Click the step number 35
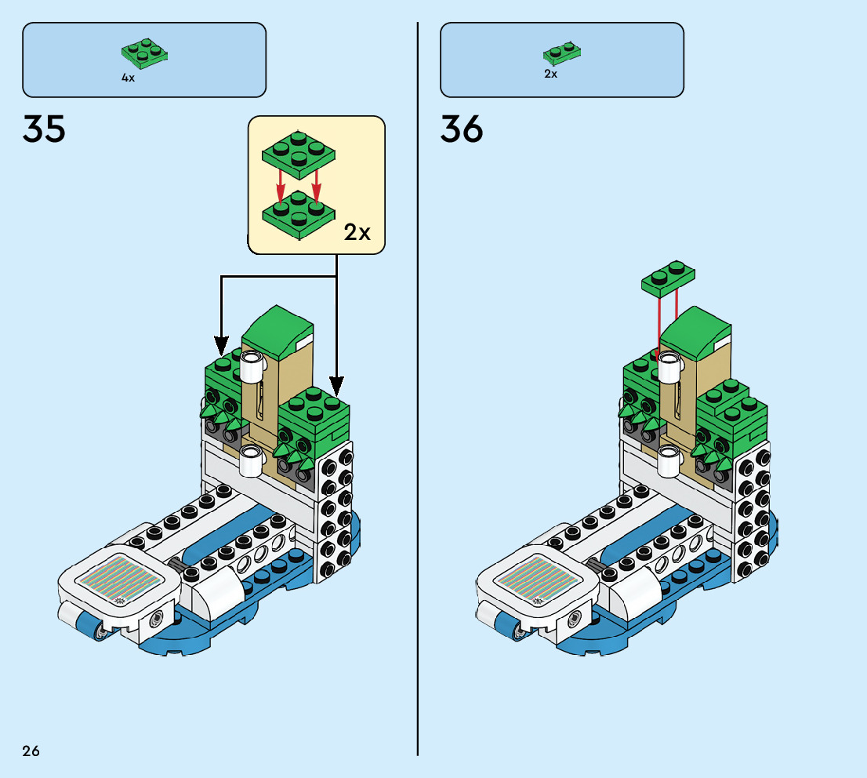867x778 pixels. [x=44, y=129]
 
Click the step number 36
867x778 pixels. [x=462, y=129]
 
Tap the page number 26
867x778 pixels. [x=31, y=751]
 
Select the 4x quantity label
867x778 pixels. [x=128, y=78]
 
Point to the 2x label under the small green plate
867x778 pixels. [x=550, y=74]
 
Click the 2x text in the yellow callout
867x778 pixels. [x=357, y=232]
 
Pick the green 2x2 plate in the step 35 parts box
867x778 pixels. [x=146, y=51]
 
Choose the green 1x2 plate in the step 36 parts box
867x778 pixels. [x=562, y=53]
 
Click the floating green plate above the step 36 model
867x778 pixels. [x=668, y=278]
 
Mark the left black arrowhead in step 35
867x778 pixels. [x=222, y=345]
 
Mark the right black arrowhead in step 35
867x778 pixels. [x=336, y=386]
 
